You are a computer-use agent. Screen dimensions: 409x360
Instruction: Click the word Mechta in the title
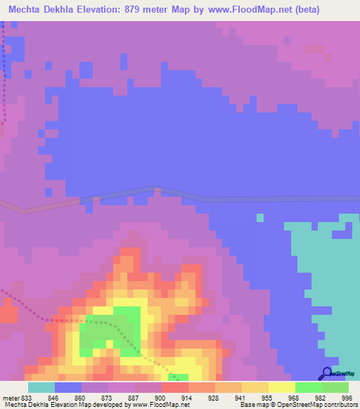click(27, 9)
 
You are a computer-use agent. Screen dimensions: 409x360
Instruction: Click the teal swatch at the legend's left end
click(41, 387)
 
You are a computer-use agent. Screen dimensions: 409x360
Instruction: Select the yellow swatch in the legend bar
click(282, 387)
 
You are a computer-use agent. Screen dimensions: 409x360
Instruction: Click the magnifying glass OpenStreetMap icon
click(326, 374)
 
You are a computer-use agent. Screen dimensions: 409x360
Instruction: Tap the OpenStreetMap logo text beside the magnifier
click(344, 374)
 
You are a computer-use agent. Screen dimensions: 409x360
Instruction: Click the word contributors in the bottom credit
click(337, 405)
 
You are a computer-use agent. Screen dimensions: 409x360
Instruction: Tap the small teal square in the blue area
click(260, 218)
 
